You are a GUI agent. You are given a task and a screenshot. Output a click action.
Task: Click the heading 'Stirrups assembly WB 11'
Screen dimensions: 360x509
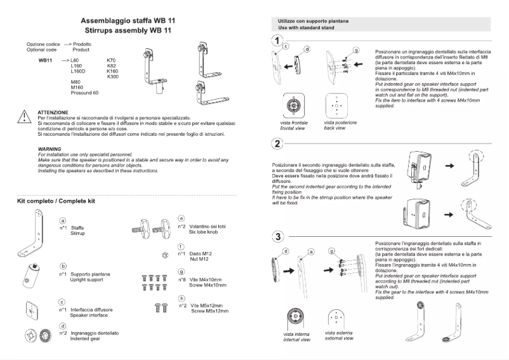(128, 30)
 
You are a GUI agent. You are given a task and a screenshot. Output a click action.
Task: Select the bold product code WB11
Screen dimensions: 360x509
(45, 60)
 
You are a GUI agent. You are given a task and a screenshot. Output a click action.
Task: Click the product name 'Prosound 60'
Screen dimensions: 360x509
(84, 93)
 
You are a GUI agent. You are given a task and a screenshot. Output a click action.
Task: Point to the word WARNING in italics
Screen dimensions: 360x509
(50, 149)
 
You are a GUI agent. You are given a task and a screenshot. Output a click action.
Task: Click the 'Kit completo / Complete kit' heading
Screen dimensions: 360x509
(56, 201)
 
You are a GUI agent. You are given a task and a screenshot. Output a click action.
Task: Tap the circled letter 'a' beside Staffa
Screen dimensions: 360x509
(62, 220)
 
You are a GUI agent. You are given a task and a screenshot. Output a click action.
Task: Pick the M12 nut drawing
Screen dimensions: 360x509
(165, 255)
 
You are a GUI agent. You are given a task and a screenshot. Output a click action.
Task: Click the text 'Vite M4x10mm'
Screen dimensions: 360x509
(207, 279)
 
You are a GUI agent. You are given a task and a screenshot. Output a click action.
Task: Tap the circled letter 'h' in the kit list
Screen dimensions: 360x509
(182, 298)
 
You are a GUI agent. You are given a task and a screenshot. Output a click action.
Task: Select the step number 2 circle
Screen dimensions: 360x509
(277, 143)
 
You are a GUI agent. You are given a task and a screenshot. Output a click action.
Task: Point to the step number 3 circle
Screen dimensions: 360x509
(277, 237)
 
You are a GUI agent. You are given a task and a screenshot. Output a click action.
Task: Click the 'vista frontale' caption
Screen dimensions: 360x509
(293, 122)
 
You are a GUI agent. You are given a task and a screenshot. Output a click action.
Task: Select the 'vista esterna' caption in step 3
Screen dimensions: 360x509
(338, 332)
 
